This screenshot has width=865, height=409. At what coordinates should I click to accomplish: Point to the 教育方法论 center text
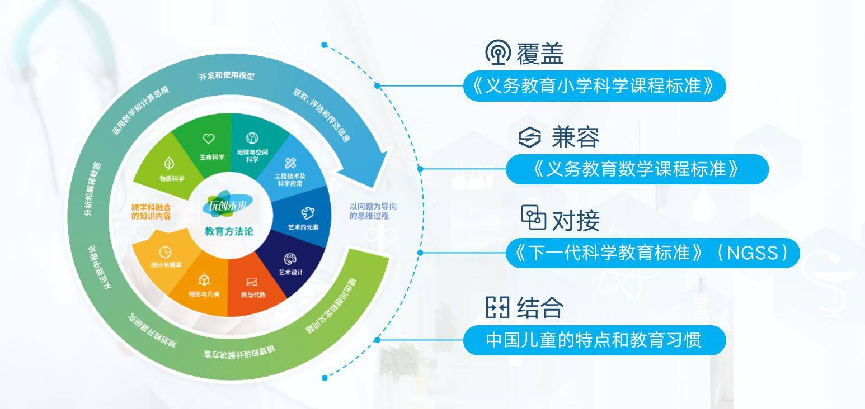(x=229, y=232)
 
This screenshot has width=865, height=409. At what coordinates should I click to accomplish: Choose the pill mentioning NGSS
(x=652, y=253)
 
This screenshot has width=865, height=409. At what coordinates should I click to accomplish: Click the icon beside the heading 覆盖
(x=496, y=54)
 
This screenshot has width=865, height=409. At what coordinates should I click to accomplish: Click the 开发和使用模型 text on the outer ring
(x=226, y=75)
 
